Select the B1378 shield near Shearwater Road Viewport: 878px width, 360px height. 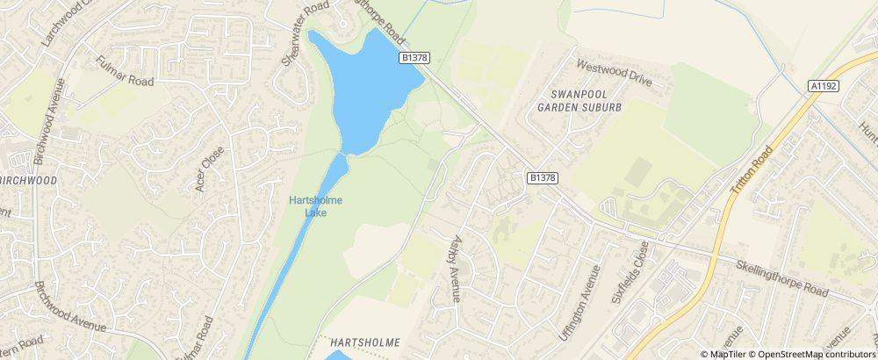click(414, 57)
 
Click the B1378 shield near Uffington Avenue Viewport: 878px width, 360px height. click(543, 177)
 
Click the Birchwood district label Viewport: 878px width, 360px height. click(28, 180)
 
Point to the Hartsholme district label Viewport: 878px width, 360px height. click(365, 342)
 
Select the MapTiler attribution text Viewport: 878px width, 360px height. click(724, 353)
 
